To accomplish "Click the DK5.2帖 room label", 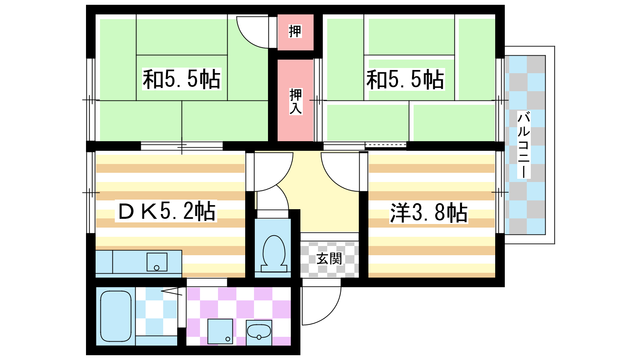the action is [x=166, y=211].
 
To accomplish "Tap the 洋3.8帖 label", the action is [x=428, y=213].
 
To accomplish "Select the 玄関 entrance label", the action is [x=329, y=259].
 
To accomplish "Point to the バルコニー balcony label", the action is [x=524, y=145].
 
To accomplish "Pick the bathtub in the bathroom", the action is [x=116, y=316].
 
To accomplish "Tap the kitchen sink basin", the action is [x=157, y=262].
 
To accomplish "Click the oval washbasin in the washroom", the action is [x=258, y=332].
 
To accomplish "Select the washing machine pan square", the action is [x=220, y=332].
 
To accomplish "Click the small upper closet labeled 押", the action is [x=296, y=32].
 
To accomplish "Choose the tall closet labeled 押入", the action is [x=296, y=100].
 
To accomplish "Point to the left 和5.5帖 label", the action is [x=182, y=79].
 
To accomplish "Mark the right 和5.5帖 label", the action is [x=406, y=79].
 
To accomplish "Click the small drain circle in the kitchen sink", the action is [x=156, y=268].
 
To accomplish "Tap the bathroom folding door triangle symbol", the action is [x=172, y=292].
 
